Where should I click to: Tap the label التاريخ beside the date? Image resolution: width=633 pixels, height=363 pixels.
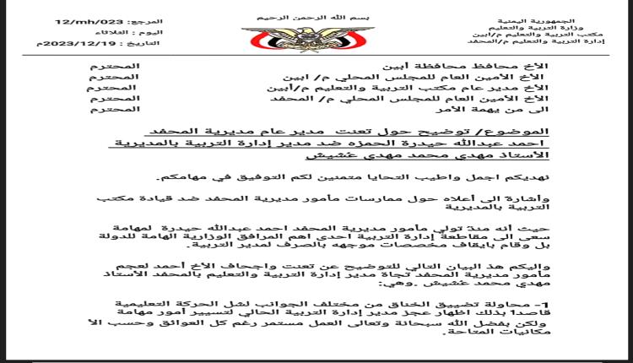pyautogui.click(x=147, y=42)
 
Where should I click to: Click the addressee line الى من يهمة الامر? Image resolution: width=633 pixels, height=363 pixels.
pyautogui.click(x=504, y=110)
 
